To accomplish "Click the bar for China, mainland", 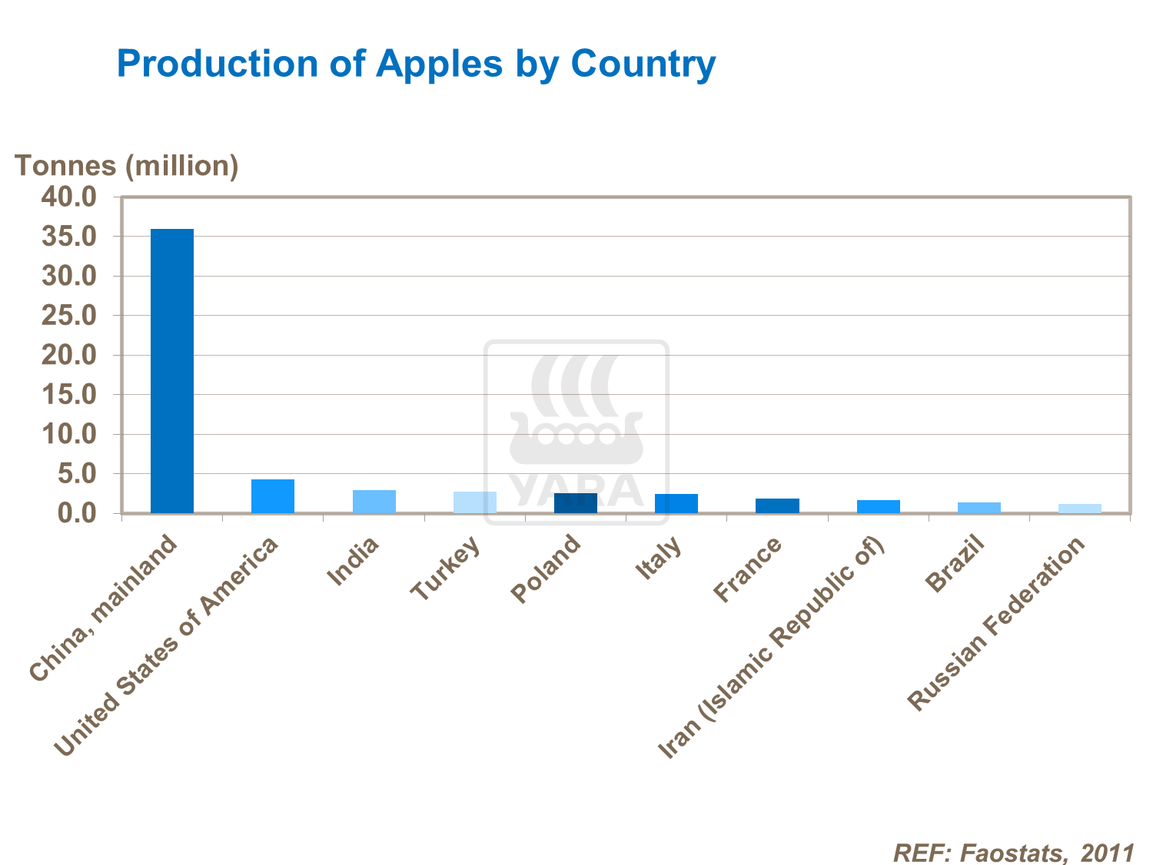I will click(171, 371).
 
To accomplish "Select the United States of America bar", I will click(273, 496).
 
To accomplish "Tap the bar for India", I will click(374, 502).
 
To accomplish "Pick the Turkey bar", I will click(474, 502).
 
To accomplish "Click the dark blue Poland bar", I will click(575, 503).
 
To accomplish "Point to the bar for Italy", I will click(676, 503).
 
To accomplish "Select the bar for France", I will click(777, 505).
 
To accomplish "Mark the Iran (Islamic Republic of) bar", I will click(878, 506).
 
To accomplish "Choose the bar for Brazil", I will click(979, 508).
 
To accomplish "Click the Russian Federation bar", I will click(1079, 509).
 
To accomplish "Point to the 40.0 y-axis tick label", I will click(69, 197).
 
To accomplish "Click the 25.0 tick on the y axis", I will click(69, 316).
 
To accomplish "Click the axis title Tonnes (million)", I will click(127, 165).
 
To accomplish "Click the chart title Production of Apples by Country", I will click(416, 63).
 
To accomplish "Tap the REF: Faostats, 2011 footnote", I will click(1013, 852).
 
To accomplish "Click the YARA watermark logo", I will click(576, 432).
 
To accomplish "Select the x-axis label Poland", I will click(546, 568).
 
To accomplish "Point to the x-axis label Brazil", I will click(955, 565).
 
